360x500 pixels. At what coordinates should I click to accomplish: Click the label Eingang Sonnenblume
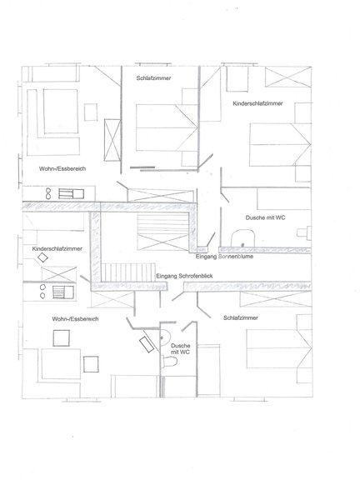pos(224,257)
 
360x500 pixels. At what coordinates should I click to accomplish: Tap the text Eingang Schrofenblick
pos(184,276)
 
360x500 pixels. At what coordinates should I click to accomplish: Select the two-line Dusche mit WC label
pos(180,348)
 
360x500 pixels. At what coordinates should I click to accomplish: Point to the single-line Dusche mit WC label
pos(265,217)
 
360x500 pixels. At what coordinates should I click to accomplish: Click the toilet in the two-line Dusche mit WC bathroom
pos(170,362)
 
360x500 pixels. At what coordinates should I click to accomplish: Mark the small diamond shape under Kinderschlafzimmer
pos(42,257)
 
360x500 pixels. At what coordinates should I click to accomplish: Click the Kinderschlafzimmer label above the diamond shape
pos(57,248)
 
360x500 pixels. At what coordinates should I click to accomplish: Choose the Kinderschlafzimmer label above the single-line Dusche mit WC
pos(257,103)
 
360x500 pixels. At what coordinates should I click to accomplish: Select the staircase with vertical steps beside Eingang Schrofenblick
pos(128,272)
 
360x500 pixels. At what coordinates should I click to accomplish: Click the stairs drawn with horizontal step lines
pos(163,232)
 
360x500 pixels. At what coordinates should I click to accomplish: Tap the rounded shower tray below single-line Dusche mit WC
pos(242,238)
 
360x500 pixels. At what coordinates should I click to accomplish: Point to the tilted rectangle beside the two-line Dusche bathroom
pos(147,345)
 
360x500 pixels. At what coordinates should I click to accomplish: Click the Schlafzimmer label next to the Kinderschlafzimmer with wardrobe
pos(153,78)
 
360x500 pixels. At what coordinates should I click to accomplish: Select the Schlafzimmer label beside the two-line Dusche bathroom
pos(241,317)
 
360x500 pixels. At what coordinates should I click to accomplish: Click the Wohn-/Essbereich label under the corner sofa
pos(62,168)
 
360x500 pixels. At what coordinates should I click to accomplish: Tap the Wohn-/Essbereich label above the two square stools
pos(75,319)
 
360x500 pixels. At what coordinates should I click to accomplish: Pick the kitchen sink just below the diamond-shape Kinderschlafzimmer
pos(62,292)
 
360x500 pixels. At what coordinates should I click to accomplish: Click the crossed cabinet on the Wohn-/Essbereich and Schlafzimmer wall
pos(112,140)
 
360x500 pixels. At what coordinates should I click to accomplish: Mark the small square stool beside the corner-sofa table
pos(91,112)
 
